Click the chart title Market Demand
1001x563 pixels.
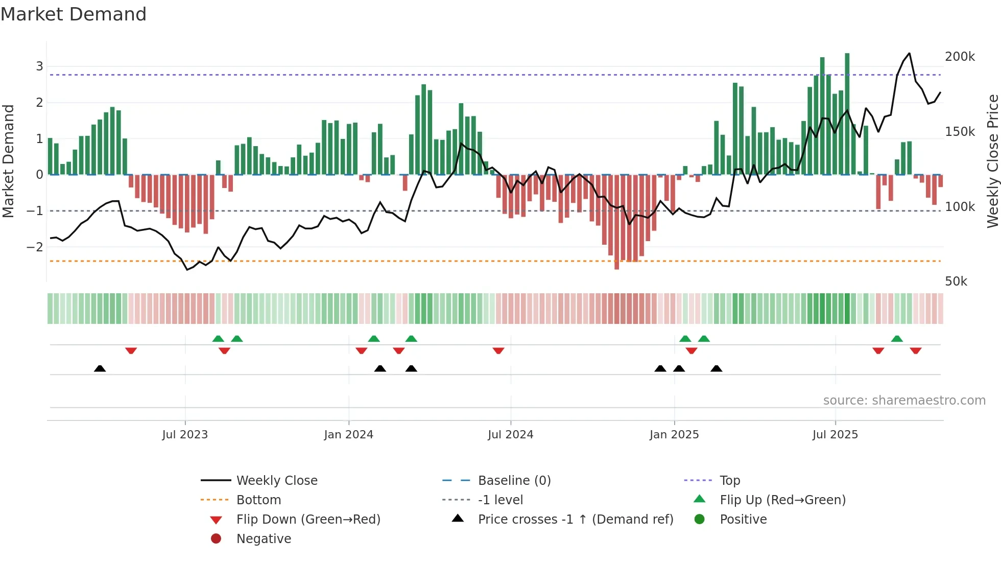(74, 14)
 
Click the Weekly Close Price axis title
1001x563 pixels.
(992, 161)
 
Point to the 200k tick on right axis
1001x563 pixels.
(960, 57)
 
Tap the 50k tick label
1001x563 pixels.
(956, 281)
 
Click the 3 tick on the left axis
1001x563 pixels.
(39, 66)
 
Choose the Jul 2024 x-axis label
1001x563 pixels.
(510, 435)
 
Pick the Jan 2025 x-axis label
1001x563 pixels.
(674, 435)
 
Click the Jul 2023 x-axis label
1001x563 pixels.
(185, 435)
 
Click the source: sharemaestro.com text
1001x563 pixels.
(904, 401)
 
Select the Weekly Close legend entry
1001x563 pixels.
(276, 481)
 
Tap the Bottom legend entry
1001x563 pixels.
(258, 500)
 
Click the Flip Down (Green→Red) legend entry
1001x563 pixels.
(308, 520)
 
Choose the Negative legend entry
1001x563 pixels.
(264, 539)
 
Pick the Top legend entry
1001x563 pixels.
(729, 481)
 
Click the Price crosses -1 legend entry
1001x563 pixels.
(575, 520)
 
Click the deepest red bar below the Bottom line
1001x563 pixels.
(616, 222)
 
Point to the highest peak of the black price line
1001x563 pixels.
(909, 54)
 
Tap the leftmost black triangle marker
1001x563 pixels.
(100, 368)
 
